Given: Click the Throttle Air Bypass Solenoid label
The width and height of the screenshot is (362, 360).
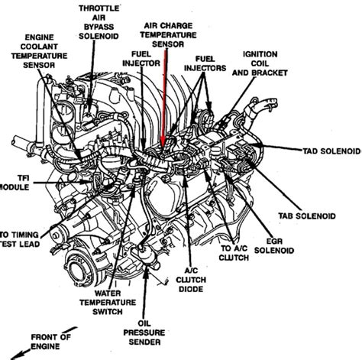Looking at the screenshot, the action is tap(99, 22).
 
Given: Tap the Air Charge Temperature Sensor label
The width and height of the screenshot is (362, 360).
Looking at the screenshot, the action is tap(168, 35).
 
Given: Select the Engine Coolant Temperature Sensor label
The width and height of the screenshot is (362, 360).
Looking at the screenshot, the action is tap(39, 51).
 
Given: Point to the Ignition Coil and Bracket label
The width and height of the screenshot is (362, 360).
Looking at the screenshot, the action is tap(260, 63).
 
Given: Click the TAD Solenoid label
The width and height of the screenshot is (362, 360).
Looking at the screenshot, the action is tap(332, 151).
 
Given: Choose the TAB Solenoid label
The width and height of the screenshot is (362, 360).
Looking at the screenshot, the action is tap(307, 216).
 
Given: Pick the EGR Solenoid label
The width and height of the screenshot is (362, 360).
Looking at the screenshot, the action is tap(274, 245).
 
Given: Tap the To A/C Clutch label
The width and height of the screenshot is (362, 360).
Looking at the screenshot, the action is tap(234, 253).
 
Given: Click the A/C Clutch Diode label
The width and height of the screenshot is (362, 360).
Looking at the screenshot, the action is tap(191, 280).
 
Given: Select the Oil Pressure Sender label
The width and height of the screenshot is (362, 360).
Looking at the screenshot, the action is tap(144, 332).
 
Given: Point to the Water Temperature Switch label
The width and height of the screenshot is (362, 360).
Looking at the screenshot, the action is tap(108, 303).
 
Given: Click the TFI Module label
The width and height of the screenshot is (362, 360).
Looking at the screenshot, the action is tap(15, 183).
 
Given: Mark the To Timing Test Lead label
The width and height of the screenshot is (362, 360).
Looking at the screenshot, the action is tap(20, 239).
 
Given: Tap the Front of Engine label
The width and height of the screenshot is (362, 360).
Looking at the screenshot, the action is tap(50, 342).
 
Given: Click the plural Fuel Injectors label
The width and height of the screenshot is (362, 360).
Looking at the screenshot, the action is tap(205, 63).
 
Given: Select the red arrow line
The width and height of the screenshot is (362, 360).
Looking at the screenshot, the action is tap(164, 99).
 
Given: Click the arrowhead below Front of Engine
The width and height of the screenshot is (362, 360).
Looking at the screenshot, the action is tap(16, 355).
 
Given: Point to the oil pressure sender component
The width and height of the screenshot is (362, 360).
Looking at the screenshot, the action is tap(146, 258).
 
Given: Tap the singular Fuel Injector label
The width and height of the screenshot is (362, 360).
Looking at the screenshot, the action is tap(141, 59).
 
